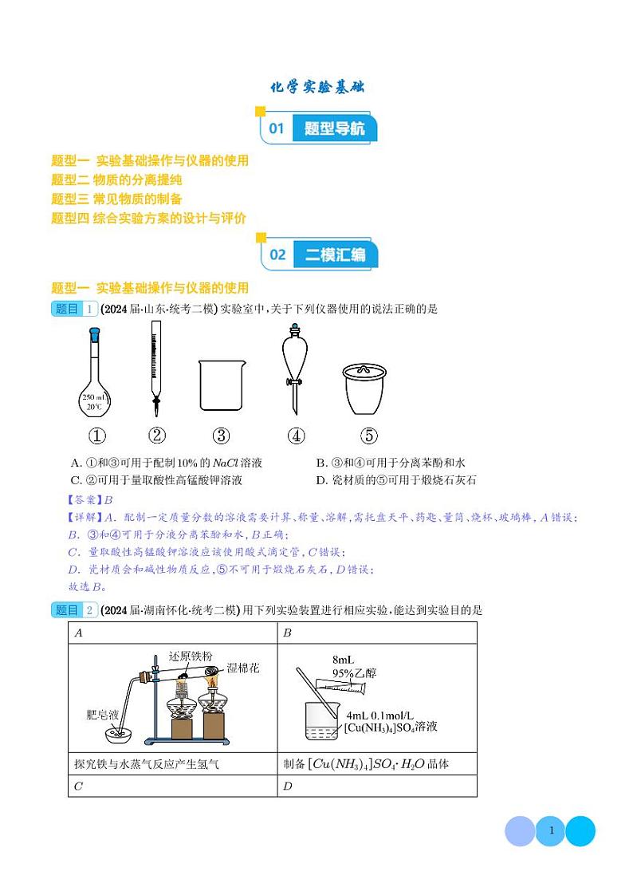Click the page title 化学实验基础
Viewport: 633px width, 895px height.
coord(316,87)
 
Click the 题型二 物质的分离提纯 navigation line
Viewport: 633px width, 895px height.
coord(116,179)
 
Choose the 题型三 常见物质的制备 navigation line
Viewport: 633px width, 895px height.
coord(116,199)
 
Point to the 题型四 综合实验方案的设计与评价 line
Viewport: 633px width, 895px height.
coord(148,218)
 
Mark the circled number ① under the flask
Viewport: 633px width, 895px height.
coord(96,436)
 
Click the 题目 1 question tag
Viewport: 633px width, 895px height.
coord(74,310)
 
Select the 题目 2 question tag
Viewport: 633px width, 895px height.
coord(74,610)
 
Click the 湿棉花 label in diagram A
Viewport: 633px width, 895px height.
coord(243,667)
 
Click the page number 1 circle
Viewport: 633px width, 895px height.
coord(550,831)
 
